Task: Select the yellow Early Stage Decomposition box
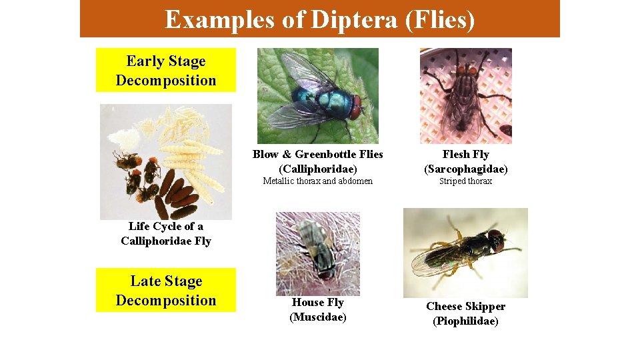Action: pos(166,70)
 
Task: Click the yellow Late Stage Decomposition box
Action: pos(166,290)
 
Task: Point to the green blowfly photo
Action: pos(317,96)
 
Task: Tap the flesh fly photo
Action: pos(465,96)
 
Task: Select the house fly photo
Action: pos(317,253)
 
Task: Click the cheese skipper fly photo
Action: pos(465,253)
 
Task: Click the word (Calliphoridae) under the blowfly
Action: pos(317,169)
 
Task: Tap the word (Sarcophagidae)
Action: pos(465,169)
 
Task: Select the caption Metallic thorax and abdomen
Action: pos(317,181)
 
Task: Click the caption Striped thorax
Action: pos(465,181)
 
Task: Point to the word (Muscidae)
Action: pos(317,317)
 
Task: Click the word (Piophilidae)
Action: pos(465,321)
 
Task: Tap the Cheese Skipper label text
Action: pos(465,307)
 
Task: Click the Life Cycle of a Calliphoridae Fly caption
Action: pos(166,233)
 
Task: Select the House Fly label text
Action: pos(317,303)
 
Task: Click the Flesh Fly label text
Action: pos(465,155)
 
